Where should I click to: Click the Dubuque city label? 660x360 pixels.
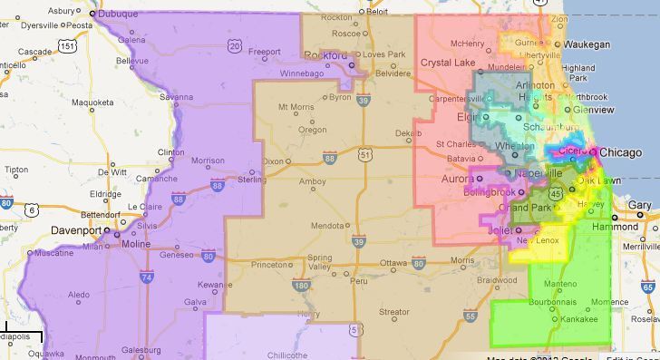click(119, 15)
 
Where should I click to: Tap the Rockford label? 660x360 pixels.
click(325, 56)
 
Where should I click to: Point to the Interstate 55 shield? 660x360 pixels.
click(469, 315)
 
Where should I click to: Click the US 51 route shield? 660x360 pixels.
click(364, 155)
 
